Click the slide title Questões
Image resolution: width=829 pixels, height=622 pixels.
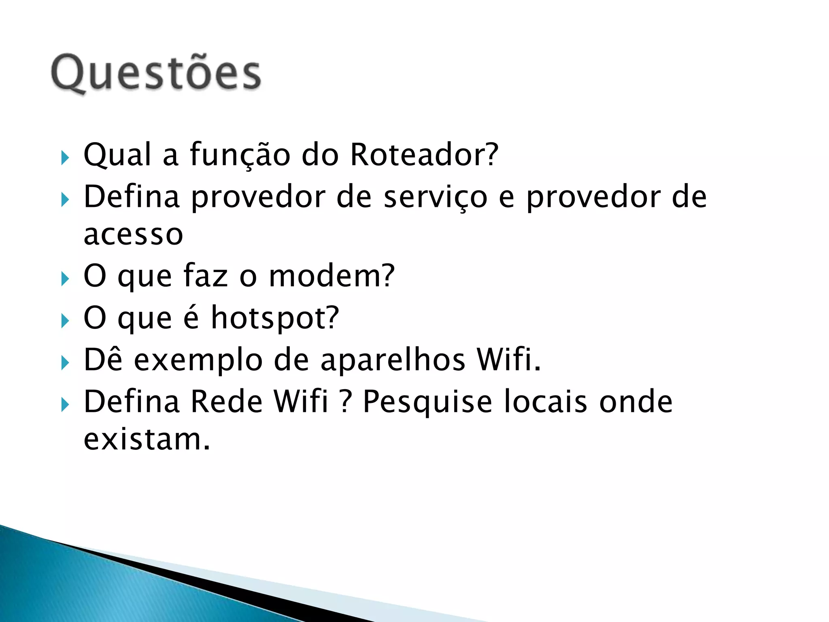[x=156, y=73]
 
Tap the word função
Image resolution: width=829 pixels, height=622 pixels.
[x=240, y=155]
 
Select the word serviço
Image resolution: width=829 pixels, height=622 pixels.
[x=435, y=198]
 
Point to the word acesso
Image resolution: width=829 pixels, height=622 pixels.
[x=133, y=235]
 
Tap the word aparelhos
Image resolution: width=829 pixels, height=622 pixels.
[x=393, y=360]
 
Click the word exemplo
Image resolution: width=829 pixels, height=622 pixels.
[x=198, y=360]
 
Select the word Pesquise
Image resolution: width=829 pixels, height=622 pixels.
[x=427, y=402]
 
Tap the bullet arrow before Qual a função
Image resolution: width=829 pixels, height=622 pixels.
[x=65, y=158]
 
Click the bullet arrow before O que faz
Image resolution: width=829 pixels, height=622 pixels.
[x=65, y=279]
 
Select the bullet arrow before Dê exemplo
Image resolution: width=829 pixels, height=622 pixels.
[x=65, y=363]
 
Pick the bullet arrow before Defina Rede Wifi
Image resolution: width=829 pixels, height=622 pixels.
[x=65, y=405]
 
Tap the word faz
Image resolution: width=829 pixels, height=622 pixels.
[x=206, y=276]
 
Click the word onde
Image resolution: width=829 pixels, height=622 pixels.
[x=636, y=402]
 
